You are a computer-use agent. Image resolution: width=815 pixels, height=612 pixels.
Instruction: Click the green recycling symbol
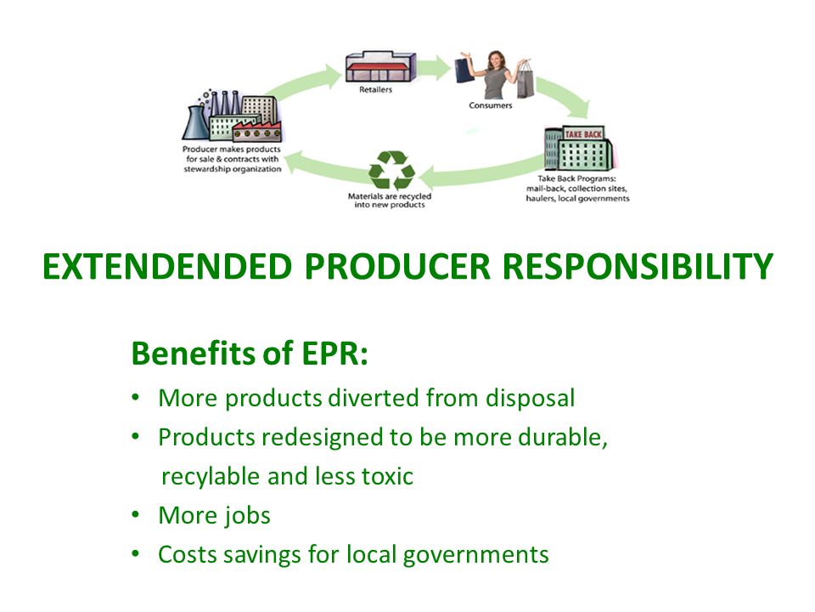coord(392,170)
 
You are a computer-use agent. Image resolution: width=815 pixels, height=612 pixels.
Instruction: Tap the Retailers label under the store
coord(375,89)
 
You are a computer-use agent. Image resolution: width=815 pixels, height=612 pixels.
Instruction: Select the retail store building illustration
coord(381,66)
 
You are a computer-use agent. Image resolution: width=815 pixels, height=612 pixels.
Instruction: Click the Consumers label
coord(490,105)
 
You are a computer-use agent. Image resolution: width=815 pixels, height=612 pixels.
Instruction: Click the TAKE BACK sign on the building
coord(583,134)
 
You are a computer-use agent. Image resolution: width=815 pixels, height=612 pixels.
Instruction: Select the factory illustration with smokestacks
coord(231,116)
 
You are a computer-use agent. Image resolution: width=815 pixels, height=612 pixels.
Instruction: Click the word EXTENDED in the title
coord(167,266)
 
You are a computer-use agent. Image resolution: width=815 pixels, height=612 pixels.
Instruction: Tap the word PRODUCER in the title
coord(397,266)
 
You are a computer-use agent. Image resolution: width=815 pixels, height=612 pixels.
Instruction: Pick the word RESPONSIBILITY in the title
coord(638,266)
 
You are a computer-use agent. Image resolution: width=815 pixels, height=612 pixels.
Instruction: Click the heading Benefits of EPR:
coord(250,353)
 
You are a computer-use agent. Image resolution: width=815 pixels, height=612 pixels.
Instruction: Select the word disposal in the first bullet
coord(530,399)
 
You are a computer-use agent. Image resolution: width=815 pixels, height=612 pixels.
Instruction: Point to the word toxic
coord(387,476)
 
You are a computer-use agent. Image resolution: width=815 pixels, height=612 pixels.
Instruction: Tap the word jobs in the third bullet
coord(248,516)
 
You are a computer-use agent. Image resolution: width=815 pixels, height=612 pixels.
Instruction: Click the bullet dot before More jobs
coord(136,515)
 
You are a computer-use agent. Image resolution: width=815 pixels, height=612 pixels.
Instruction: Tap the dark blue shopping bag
coord(464,71)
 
